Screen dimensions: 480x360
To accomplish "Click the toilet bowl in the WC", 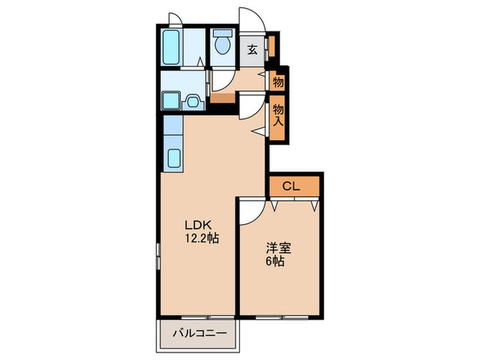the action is (223, 45).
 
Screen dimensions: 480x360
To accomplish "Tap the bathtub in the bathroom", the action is (171, 47).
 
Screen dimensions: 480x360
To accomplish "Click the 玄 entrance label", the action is (252, 49).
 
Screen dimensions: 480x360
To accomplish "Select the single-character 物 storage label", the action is (278, 82).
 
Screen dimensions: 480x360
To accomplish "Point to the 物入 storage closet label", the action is (278, 115).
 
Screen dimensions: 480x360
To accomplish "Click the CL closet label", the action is (291, 186).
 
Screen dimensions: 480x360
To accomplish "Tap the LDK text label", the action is (197, 226).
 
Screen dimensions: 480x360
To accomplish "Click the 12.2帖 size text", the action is (202, 238).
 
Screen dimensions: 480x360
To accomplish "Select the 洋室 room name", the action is (278, 248).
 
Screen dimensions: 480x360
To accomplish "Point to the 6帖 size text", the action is (275, 261).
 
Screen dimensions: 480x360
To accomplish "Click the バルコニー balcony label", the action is (200, 333).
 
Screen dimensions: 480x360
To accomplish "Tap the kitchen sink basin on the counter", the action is (174, 158).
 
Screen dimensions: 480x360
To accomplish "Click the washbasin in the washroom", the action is (193, 101).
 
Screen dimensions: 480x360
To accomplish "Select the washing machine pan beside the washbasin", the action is (171, 100).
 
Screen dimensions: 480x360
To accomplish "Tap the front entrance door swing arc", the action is (257, 15).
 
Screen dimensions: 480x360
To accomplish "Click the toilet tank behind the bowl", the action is (223, 33).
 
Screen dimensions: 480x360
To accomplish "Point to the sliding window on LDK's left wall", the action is (158, 256).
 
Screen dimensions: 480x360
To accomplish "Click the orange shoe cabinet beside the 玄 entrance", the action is (272, 47).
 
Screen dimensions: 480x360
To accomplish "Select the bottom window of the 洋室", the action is (282, 317).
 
